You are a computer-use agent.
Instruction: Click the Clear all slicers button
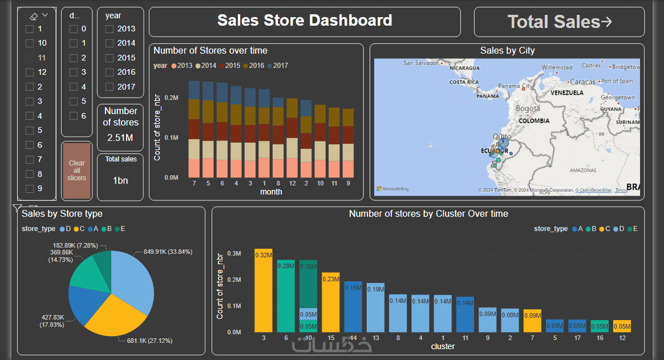(x=76, y=171)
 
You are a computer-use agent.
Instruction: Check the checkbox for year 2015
(x=110, y=58)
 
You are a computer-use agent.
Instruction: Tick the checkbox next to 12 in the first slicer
(x=30, y=72)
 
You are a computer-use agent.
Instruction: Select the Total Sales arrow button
(x=559, y=22)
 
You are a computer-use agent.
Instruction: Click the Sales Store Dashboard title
(x=305, y=21)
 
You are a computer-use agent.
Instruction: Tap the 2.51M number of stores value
(x=120, y=137)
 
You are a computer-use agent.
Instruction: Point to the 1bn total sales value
(x=120, y=180)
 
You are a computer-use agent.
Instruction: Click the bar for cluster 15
(x=331, y=302)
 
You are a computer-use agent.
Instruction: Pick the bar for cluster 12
(x=622, y=326)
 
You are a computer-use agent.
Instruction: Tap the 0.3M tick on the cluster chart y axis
(x=234, y=253)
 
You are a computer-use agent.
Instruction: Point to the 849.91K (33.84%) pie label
(x=168, y=252)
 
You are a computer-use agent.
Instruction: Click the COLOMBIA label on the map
(x=534, y=121)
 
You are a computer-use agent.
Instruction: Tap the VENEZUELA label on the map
(x=567, y=92)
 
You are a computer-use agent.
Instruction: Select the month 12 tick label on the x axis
(x=292, y=184)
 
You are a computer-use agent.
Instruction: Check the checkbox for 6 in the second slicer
(x=74, y=116)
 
